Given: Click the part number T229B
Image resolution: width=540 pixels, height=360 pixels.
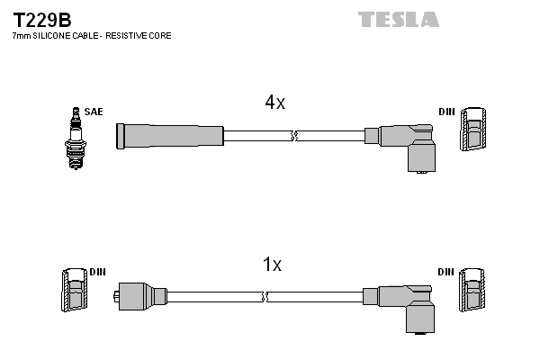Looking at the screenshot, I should pyautogui.click(x=41, y=19).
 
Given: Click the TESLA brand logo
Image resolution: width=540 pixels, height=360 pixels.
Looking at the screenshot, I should pyautogui.click(x=398, y=19).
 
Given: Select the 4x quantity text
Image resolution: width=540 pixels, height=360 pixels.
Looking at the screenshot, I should pyautogui.click(x=274, y=103).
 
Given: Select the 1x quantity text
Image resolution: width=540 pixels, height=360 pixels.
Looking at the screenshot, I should pyautogui.click(x=272, y=265).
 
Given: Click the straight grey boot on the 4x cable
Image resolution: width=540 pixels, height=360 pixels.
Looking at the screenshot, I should pyautogui.click(x=170, y=136).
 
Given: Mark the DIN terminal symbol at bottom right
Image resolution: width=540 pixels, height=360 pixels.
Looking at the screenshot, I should pyautogui.click(x=473, y=292).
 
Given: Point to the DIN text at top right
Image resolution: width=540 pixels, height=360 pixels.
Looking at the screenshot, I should pyautogui.click(x=446, y=112).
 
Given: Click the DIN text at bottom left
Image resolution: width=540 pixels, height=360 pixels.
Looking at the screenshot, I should pyautogui.click(x=98, y=271).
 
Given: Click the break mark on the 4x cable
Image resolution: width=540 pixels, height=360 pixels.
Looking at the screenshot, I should pyautogui.click(x=294, y=137).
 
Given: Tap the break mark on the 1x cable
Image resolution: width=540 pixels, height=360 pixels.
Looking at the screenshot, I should pyautogui.click(x=265, y=296).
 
